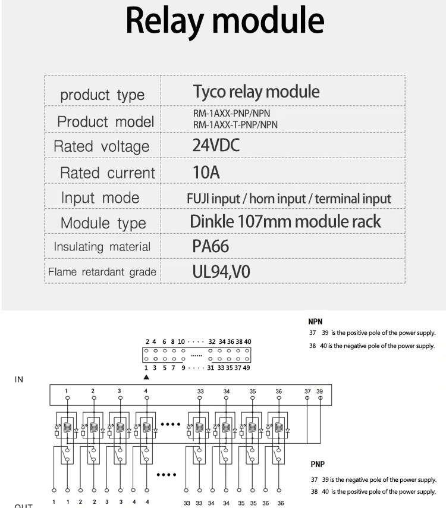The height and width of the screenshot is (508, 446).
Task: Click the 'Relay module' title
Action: point(225,21)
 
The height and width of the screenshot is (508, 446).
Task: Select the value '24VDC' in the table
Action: point(216,145)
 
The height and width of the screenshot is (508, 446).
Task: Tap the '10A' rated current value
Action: point(206,173)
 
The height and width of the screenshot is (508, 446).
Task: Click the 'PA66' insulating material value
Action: point(211,246)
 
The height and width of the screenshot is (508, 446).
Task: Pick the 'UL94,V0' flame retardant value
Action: point(221,272)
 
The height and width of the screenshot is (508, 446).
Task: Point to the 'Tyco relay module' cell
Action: point(256,92)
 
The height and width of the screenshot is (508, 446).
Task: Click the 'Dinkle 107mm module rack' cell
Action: point(285,222)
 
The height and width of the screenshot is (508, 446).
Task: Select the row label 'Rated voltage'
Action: point(101,146)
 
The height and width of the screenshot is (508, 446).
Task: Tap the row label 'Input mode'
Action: point(100,198)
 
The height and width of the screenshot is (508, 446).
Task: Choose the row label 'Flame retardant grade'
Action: point(102,272)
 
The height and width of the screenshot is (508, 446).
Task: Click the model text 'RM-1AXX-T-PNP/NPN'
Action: point(235,125)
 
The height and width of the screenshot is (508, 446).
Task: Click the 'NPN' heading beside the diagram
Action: point(315,322)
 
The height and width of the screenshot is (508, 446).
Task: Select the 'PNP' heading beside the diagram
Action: point(318,464)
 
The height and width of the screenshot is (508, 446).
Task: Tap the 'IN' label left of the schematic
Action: point(19,380)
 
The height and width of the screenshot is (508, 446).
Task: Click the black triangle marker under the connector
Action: point(146,377)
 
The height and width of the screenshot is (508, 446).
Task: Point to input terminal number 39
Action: point(320,391)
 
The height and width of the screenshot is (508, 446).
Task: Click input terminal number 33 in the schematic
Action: point(200,391)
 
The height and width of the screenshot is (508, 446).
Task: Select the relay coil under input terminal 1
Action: point(67,428)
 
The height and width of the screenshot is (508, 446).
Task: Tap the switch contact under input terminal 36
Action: point(278,455)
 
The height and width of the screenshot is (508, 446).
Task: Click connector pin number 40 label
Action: point(247,341)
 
